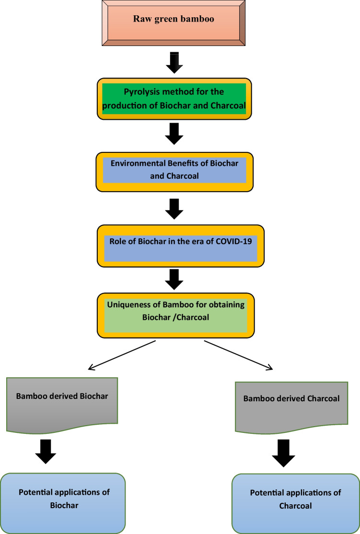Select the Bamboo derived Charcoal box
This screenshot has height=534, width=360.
click(x=291, y=405)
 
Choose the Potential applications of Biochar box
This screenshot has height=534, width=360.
click(x=63, y=503)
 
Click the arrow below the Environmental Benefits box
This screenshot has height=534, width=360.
click(x=174, y=208)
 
